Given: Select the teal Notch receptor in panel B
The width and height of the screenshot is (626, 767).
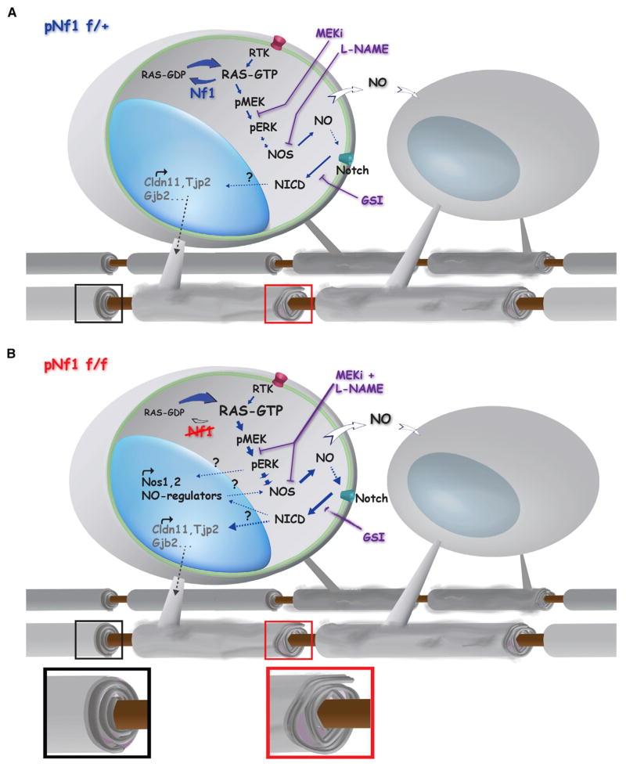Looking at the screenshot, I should point(346,496).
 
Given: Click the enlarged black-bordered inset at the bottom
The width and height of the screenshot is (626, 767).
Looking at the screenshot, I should point(98,711).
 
